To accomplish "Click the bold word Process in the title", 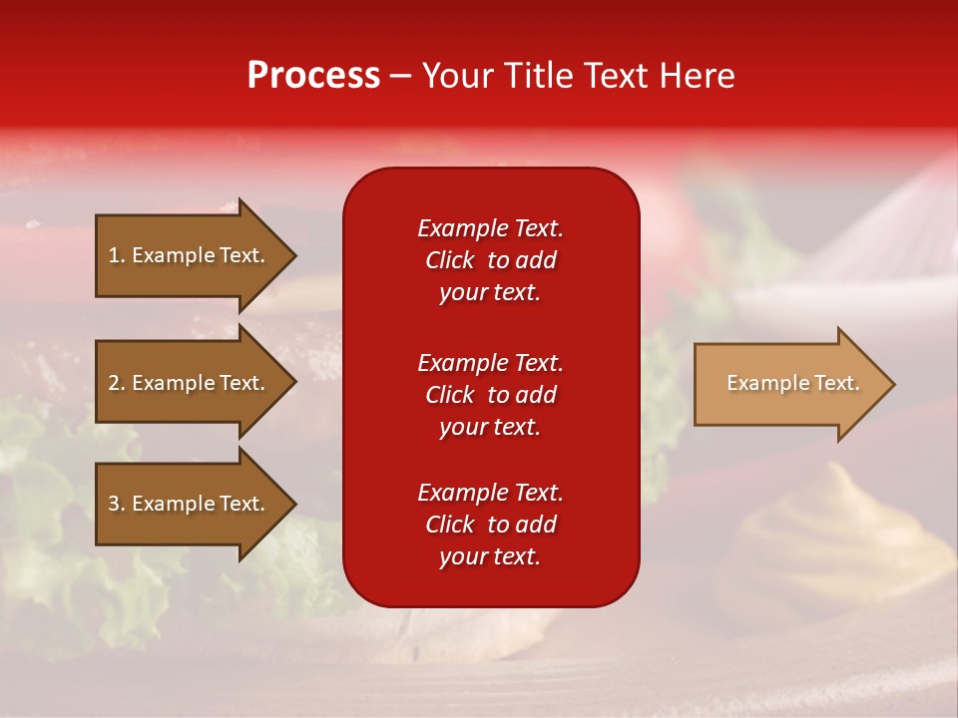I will click(x=313, y=76).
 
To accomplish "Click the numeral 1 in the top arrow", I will click(x=115, y=255).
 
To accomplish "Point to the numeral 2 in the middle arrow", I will click(x=115, y=383).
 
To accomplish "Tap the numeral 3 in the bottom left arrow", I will click(x=115, y=504).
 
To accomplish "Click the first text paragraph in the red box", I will click(x=490, y=260).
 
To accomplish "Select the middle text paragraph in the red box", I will click(x=490, y=395).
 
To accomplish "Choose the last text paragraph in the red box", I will click(x=490, y=525).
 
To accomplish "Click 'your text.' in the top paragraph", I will click(x=490, y=293).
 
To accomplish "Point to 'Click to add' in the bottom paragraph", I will click(x=490, y=525).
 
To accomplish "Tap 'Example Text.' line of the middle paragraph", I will click(x=490, y=363).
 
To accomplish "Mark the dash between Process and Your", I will click(x=401, y=76).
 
